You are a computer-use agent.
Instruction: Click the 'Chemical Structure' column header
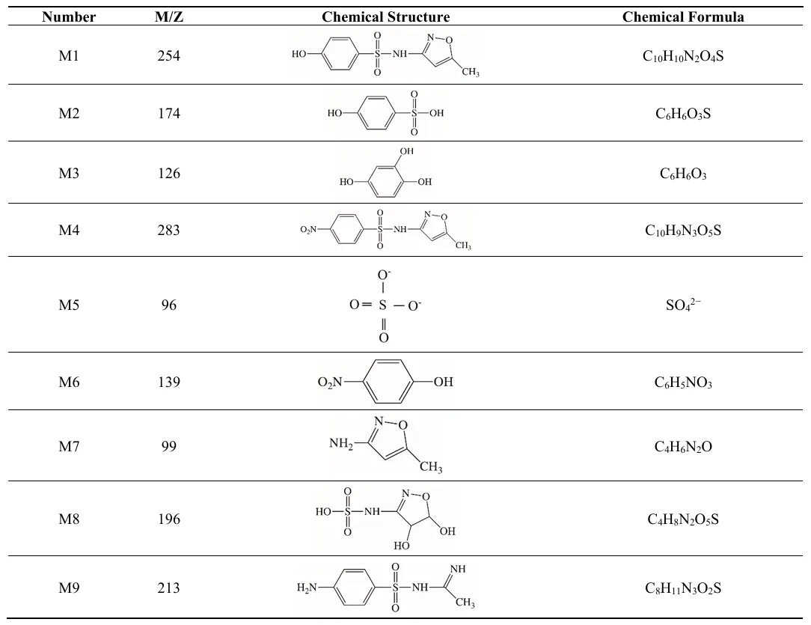point(385,17)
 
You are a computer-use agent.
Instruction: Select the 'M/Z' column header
point(168,17)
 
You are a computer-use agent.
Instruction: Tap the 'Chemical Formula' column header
point(683,17)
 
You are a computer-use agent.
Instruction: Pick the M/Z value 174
point(168,114)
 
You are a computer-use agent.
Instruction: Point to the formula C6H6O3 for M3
point(683,174)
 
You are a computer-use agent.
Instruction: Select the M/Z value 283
point(168,231)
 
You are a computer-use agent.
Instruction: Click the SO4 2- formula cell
point(683,305)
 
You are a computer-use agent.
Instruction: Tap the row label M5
point(69,305)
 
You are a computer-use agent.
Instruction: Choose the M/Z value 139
point(168,382)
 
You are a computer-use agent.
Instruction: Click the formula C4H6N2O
point(683,447)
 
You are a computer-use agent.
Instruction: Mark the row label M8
point(69,519)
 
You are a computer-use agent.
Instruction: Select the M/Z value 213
point(168,588)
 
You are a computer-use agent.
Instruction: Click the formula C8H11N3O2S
point(683,588)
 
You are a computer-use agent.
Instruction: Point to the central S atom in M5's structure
point(383,305)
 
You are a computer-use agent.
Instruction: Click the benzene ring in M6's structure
point(392,382)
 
